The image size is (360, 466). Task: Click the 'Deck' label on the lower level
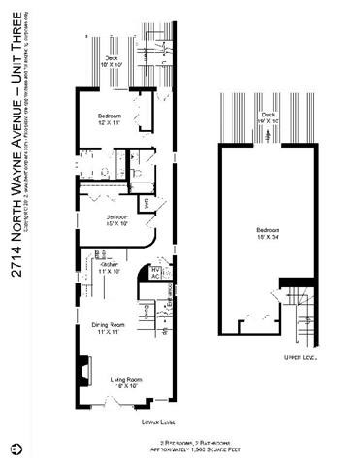pos(113,57)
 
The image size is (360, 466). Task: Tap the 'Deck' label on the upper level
pos(267,113)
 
